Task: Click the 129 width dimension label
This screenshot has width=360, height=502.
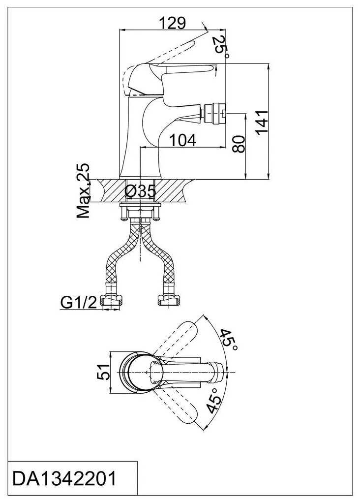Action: tap(172, 23)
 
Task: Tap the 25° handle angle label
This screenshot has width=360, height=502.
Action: tap(221, 46)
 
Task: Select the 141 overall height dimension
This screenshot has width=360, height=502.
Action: tap(261, 122)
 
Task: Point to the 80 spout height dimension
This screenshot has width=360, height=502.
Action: tap(239, 144)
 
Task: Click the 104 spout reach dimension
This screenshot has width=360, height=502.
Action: tap(182, 140)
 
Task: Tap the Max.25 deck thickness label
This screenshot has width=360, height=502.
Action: tap(83, 191)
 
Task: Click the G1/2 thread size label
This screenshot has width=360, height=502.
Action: tap(78, 302)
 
